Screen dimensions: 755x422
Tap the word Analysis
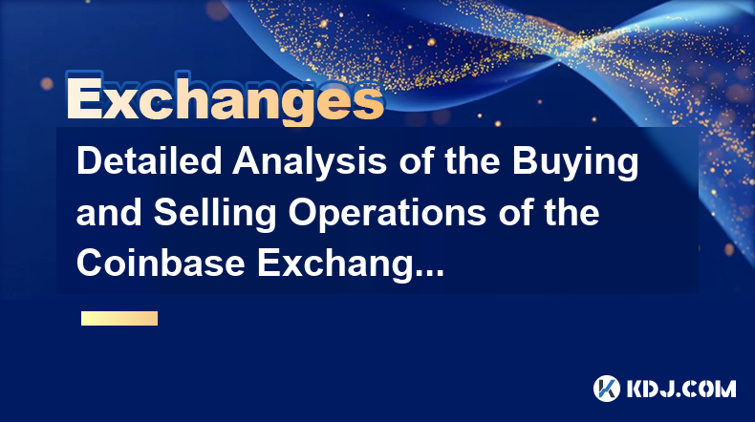coord(309,163)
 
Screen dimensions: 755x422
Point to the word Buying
coord(575,163)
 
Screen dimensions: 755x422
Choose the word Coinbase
coord(161,264)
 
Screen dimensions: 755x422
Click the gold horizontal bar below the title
coord(119,318)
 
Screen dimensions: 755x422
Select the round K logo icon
coord(607,389)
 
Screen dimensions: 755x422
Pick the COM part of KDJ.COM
coord(708,389)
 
